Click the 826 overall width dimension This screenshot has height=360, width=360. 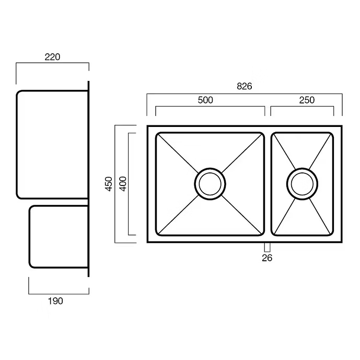245,86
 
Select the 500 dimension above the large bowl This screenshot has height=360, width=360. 205,100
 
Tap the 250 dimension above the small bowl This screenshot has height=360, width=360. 307,100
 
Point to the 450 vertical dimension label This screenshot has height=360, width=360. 109,184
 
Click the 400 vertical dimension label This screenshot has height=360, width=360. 123,184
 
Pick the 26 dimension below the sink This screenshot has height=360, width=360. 267,258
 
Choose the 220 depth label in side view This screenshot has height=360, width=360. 52,57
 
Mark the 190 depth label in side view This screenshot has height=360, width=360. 55,301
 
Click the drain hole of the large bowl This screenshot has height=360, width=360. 210,184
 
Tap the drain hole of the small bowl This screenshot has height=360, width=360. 302,184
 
